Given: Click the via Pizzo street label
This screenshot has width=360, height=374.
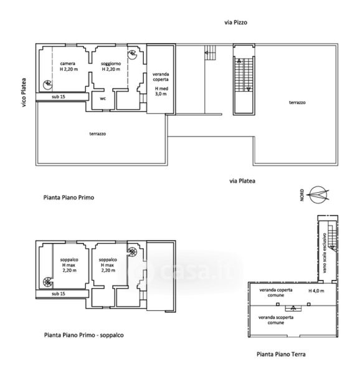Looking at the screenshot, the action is tap(235, 22).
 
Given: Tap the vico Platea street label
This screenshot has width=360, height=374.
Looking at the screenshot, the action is tap(24, 92).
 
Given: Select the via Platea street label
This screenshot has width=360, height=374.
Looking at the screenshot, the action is tap(242, 181).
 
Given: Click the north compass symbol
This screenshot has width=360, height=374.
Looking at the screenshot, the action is tap(318, 195).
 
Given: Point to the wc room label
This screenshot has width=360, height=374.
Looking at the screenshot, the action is tap(103, 98).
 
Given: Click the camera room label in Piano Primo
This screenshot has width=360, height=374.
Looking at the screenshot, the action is tap(68, 64).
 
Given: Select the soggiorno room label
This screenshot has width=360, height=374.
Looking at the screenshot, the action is tap(111, 64).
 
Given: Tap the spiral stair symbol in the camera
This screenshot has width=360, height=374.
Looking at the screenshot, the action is tap(48, 85).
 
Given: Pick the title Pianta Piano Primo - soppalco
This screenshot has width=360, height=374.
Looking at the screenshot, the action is tap(84, 335).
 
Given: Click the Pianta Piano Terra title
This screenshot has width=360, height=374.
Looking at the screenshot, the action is tap(281, 354).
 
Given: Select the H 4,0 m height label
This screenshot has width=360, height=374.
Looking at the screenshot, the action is tap(316, 290).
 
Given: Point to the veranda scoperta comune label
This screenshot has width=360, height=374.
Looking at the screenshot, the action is tap(276, 320).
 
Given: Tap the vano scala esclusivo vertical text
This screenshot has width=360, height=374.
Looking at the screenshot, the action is tap(324, 253).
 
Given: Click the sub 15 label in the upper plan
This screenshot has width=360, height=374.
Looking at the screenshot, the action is tap(59, 97).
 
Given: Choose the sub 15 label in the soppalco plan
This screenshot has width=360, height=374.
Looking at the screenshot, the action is tap(59, 294).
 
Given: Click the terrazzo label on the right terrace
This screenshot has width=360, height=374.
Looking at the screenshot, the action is tap(297, 103).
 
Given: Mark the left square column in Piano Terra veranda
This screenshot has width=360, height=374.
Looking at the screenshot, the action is tap(278, 304).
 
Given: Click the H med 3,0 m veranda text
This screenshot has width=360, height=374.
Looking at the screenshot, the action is tap(161, 91).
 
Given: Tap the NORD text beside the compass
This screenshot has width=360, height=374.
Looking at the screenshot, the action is tap(302, 195).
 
